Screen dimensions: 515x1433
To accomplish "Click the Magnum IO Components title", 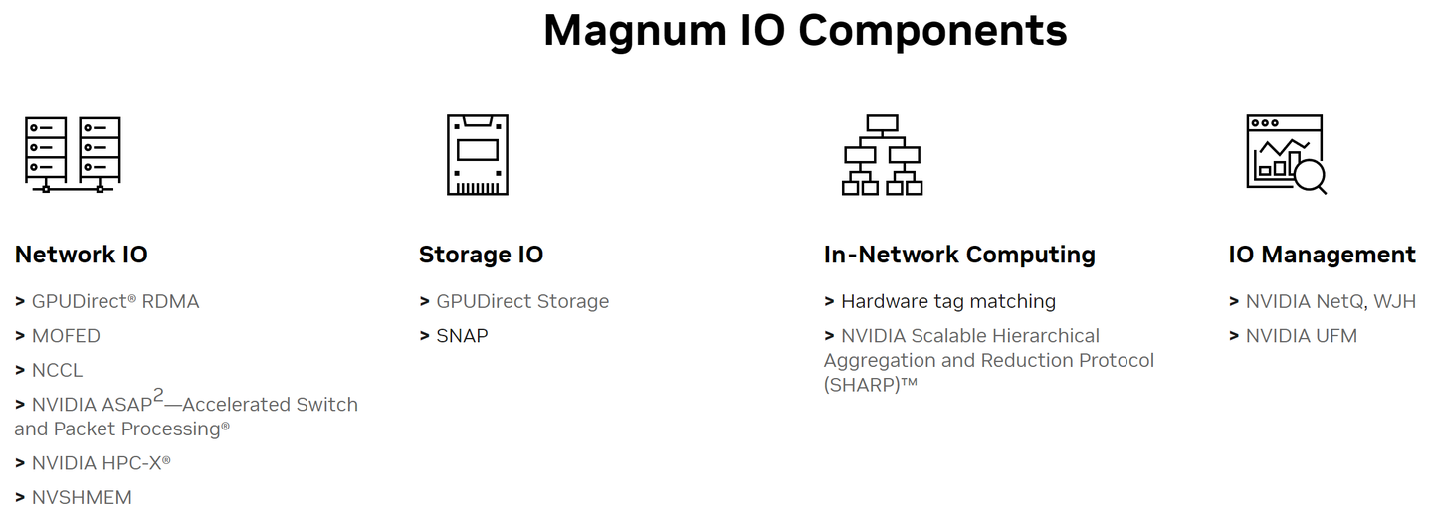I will click(804, 31).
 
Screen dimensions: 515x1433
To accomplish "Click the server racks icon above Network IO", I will click(73, 153).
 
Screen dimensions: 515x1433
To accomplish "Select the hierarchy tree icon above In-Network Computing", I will click(882, 154).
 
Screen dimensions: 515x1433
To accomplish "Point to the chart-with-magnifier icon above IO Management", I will click(1286, 153).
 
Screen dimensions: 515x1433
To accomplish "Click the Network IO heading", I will click(81, 255).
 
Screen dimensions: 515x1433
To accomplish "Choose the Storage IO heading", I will click(481, 255).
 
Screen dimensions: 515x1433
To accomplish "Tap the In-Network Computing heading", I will click(959, 255).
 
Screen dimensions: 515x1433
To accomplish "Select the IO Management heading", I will click(1322, 255).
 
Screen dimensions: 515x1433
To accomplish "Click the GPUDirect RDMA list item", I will click(114, 301).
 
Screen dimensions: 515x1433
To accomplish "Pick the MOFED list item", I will click(66, 336).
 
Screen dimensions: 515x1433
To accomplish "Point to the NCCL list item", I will click(57, 370).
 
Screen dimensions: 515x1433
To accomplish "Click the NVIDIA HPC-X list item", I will click(101, 463).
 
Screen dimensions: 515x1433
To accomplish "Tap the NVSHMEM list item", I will click(82, 497).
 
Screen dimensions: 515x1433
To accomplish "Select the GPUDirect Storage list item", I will click(521, 301).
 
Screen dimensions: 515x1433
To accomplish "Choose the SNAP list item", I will click(462, 336).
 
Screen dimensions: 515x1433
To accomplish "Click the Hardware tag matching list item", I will click(947, 301).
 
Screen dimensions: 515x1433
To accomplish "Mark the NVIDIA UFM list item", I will click(1301, 336).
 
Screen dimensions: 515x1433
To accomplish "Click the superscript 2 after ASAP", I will click(158, 396).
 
